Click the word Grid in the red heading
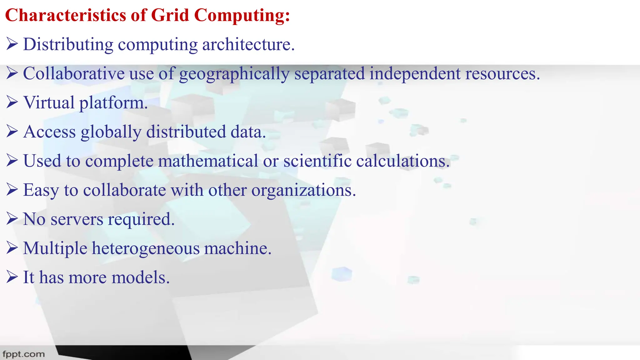(170, 15)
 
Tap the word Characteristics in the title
(65, 15)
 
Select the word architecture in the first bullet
(248, 44)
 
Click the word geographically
(234, 74)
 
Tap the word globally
(111, 132)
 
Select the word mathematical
(208, 161)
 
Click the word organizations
(303, 190)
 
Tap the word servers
(77, 219)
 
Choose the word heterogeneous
(146, 248)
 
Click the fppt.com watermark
(24, 354)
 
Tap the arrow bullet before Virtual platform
(12, 102)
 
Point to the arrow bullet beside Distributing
(12, 44)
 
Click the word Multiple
(55, 248)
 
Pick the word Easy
(41, 190)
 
